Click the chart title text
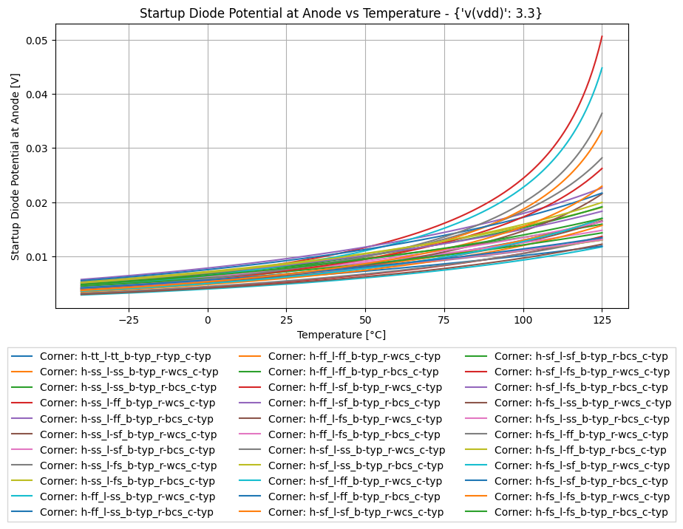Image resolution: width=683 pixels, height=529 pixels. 341,13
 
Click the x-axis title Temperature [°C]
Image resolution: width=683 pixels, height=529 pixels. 341,335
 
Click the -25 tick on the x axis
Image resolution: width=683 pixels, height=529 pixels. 129,319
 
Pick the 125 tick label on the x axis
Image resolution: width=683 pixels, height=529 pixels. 602,319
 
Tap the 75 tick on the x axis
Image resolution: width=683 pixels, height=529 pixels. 444,319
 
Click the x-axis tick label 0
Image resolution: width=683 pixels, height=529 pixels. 208,319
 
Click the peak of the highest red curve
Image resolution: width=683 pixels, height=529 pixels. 602,36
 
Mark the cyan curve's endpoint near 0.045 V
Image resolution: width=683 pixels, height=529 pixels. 602,68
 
